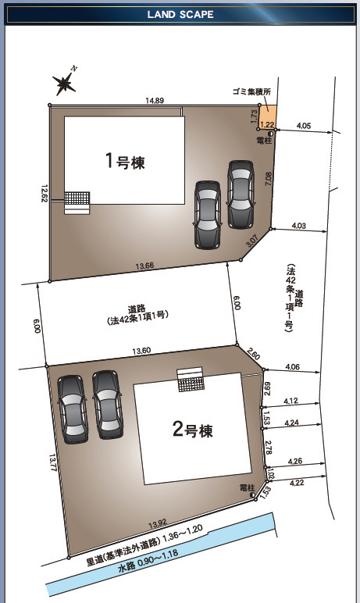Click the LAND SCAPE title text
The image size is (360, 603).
(180, 15)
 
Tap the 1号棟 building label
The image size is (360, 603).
(126, 161)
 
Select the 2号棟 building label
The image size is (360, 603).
(193, 429)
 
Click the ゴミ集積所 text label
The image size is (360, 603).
(251, 91)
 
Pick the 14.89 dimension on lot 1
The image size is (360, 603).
(155, 101)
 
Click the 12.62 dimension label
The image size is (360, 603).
(45, 194)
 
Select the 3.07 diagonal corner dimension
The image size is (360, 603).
(252, 241)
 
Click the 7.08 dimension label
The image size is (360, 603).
(268, 179)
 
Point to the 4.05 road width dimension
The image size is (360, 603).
(304, 126)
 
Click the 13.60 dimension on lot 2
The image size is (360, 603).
(141, 351)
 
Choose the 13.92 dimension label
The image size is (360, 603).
(157, 523)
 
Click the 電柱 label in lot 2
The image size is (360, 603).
(247, 487)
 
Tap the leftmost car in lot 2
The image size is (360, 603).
(73, 409)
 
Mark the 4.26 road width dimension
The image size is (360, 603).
(295, 461)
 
